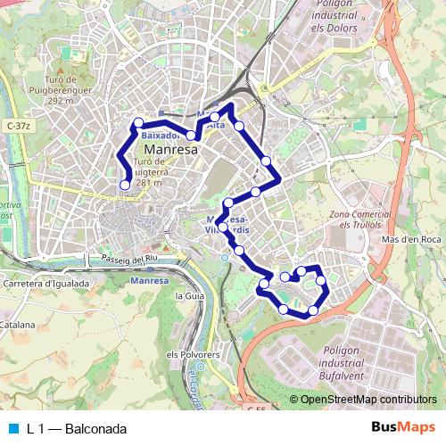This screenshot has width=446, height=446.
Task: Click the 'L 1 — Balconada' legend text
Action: pos(77,429)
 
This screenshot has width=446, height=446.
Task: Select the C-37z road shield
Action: pos(16,127)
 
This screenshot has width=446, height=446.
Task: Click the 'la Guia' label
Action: pos(191,295)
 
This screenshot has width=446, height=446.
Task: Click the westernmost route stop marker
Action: pos(125,185)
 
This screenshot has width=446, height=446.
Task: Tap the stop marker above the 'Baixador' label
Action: pos(138,123)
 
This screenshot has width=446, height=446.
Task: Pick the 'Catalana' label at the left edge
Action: pos(16,326)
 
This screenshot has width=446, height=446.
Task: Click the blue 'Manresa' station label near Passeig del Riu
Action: pos(148,281)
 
